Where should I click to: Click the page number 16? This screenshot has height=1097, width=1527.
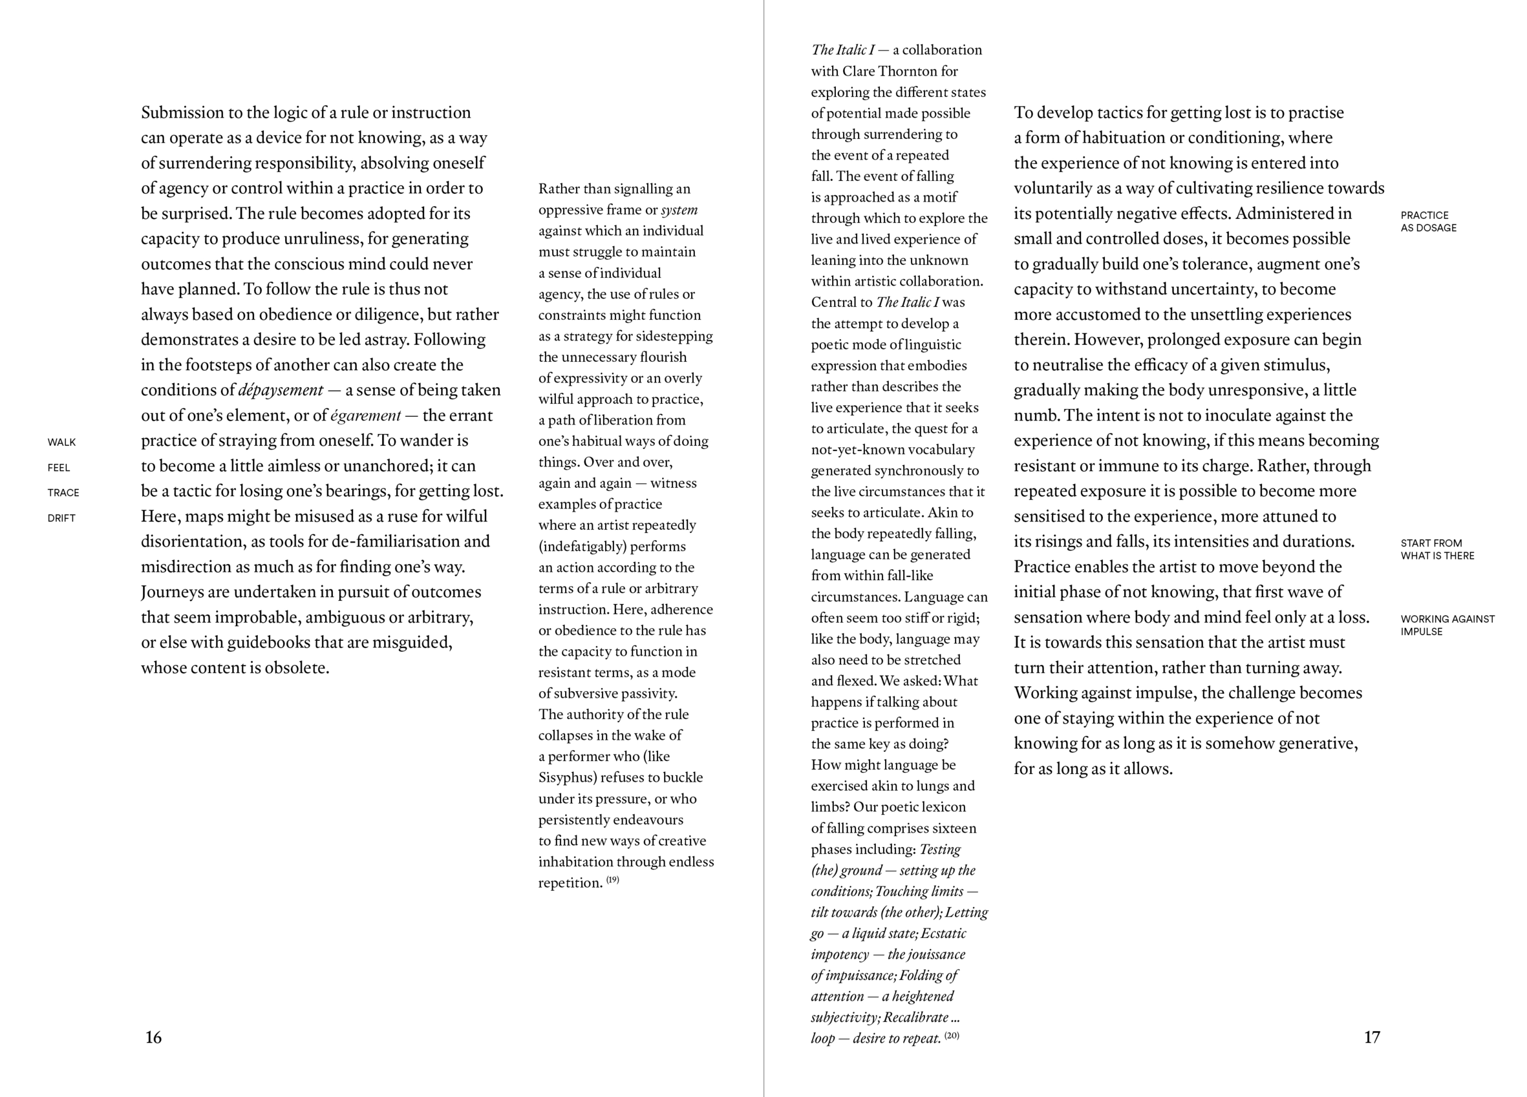[153, 1037]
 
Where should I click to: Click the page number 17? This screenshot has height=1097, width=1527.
[1371, 1037]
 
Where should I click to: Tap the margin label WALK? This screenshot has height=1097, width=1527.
[61, 442]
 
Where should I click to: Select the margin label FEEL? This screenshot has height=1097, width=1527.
[59, 468]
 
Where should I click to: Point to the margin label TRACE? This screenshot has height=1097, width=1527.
[63, 493]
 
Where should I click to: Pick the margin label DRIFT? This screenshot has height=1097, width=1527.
[61, 518]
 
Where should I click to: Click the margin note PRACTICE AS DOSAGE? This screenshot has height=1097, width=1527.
[1428, 222]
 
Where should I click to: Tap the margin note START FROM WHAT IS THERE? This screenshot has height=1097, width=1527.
[1436, 549]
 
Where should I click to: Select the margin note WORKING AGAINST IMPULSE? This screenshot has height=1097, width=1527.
[1447, 625]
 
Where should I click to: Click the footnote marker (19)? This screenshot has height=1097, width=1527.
[613, 880]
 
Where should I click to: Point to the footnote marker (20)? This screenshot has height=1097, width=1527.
[952, 1035]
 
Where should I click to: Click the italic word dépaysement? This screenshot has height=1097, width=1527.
[281, 390]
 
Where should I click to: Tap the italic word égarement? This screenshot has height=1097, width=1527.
[366, 415]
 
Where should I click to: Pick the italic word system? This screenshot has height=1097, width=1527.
[679, 210]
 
